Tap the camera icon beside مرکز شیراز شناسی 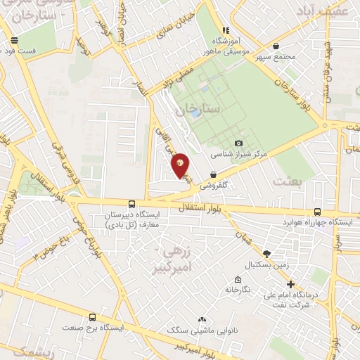click(238, 143)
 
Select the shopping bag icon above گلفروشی click(213, 175)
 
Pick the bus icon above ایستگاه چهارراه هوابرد click(317, 211)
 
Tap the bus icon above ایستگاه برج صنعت click(92, 317)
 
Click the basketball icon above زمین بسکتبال click(266, 254)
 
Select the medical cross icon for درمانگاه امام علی click(291, 284)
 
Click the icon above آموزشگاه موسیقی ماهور click(226, 30)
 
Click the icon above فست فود click(14, 41)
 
